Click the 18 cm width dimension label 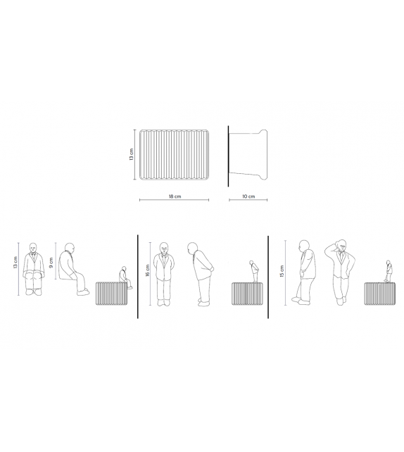175,196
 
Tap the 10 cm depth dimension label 248,196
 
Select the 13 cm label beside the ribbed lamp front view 132,154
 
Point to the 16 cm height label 147,270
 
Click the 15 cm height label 282,271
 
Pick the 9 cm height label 51,263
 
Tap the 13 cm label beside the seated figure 15,263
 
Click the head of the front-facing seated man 33,248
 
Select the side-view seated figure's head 70,249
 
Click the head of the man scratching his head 342,245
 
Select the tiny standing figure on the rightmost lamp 389,271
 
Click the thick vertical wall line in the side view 228,156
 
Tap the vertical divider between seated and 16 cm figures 138,277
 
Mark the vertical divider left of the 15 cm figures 268,277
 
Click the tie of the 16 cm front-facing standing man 164,258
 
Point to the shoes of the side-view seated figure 83,291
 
